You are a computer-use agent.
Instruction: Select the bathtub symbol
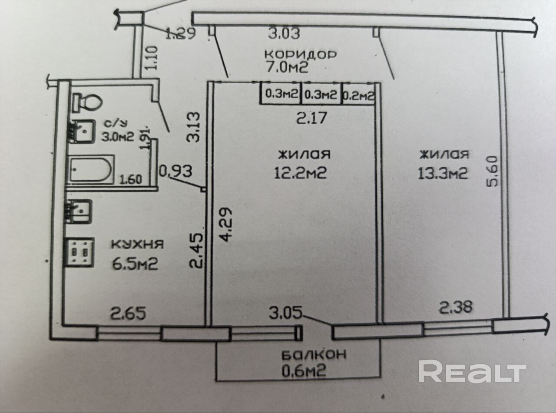point(91,170)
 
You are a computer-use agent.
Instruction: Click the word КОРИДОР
point(301,55)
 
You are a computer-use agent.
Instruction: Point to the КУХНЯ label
point(137,244)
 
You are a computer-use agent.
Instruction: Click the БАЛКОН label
point(314,354)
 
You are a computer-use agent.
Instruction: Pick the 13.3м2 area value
point(443,173)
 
